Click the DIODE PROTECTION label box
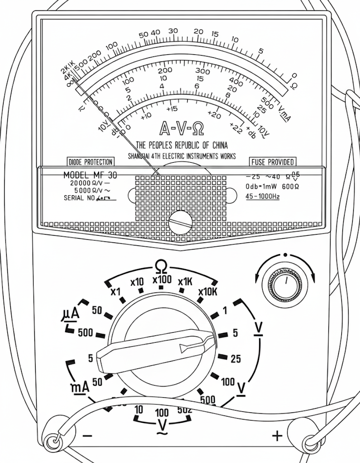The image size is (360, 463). [90, 162]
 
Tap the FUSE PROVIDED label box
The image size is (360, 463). [273, 162]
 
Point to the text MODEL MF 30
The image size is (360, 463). [90, 175]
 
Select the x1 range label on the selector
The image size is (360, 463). [116, 291]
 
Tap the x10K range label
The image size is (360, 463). [208, 291]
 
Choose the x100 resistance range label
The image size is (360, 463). [162, 280]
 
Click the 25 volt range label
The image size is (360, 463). [236, 359]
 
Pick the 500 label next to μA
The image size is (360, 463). [85, 333]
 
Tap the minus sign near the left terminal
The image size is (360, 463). [88, 436]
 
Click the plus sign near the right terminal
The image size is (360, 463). [277, 436]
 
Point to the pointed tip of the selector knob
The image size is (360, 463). [213, 337]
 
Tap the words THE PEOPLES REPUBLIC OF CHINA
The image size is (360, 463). [182, 146]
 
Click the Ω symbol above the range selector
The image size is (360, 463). [161, 266]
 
